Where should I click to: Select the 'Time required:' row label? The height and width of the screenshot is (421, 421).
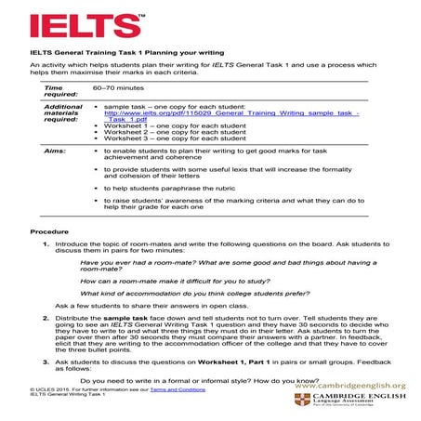pyautogui.click(x=61, y=90)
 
